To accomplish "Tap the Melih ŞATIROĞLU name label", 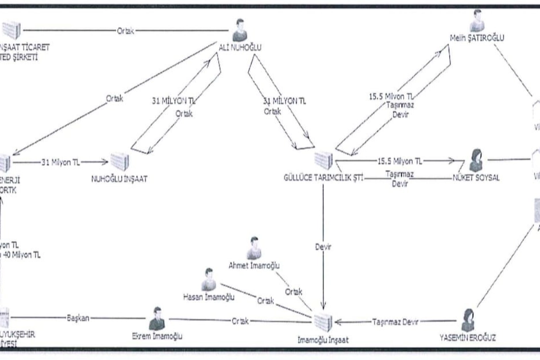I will (476, 40).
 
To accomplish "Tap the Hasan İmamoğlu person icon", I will (210, 279).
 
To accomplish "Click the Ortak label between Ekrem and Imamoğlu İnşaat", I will (242, 320).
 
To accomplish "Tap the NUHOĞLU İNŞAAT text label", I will (119, 179).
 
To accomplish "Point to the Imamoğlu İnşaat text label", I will (323, 339).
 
